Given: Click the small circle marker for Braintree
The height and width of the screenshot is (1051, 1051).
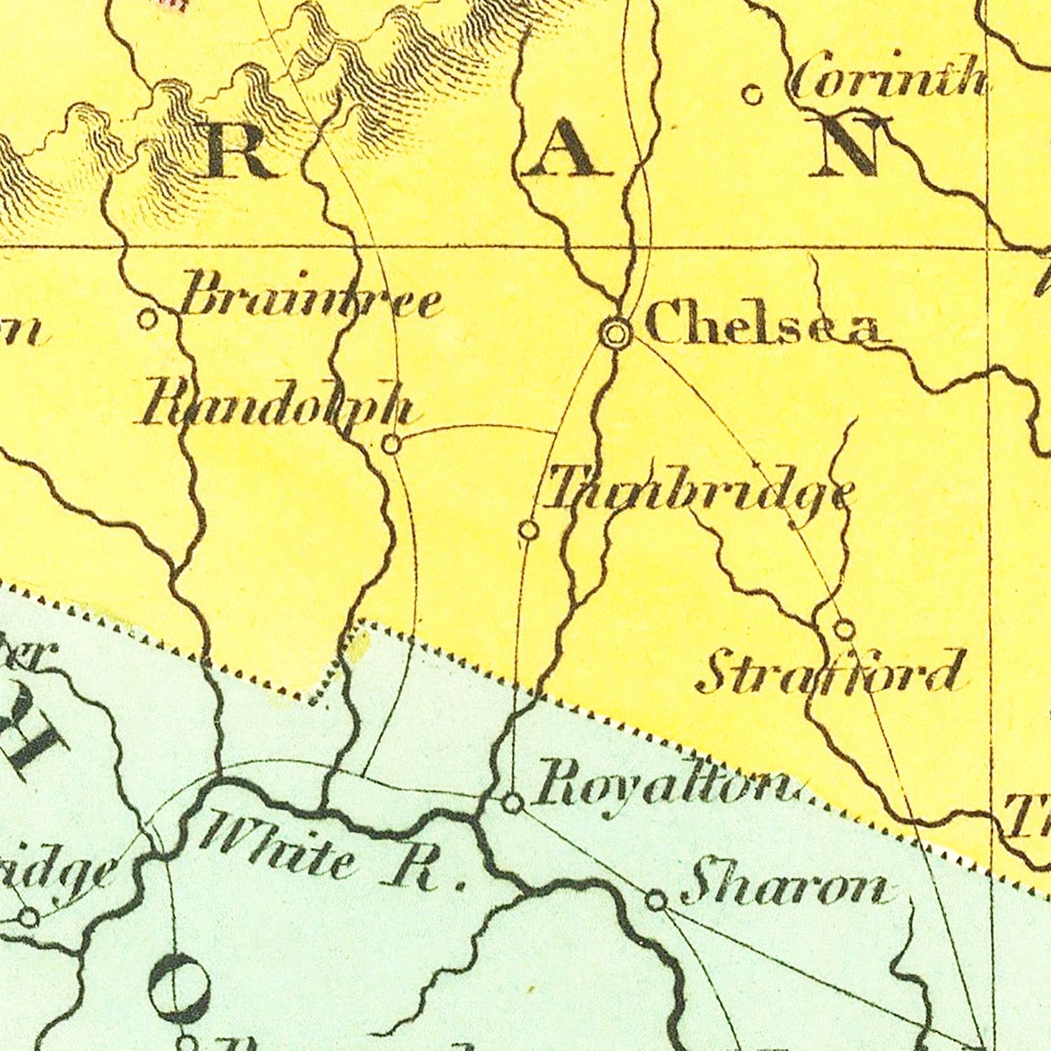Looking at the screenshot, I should click(147, 320).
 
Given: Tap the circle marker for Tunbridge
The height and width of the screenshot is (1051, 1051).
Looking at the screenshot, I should click(529, 530).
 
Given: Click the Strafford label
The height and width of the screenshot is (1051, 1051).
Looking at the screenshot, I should click(830, 673).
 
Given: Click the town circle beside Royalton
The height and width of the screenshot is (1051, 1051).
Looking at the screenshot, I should click(513, 804).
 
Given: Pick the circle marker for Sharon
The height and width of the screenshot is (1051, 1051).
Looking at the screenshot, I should click(656, 900).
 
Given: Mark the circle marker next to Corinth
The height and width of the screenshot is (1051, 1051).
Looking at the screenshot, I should click(753, 94).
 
